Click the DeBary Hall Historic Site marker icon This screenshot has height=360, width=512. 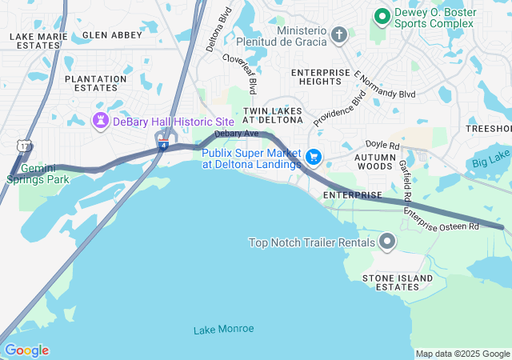101,121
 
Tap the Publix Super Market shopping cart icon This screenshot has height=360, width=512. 314,158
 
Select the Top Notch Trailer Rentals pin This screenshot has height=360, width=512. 388,242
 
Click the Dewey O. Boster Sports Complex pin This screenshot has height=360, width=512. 382,15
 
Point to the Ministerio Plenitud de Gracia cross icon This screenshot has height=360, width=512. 339,35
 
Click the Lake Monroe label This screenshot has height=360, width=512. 223,329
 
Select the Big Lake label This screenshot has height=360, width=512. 490,162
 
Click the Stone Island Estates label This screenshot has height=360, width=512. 398,282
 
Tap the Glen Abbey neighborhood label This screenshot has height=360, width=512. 111,35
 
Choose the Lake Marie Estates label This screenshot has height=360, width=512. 34,41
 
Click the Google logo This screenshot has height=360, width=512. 26,350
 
